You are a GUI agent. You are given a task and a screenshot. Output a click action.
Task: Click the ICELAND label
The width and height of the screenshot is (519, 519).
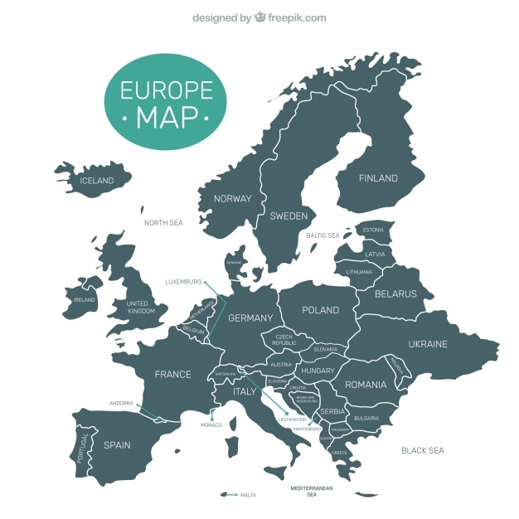tap(96, 181)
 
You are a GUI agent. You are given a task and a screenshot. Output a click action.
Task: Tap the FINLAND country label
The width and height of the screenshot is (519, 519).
tap(378, 178)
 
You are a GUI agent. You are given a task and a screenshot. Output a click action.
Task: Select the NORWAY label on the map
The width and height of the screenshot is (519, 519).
tap(232, 199)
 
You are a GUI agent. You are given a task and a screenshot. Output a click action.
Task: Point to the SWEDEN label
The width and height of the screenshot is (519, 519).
tap(289, 216)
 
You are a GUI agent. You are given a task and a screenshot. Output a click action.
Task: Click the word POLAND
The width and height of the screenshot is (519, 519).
tap(320, 310)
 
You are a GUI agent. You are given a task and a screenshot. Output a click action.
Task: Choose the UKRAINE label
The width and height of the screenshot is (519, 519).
tap(428, 344)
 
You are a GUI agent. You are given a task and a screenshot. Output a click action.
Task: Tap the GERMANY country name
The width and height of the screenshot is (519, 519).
tap(250, 318)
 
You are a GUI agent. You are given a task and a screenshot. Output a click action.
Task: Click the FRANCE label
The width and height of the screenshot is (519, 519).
tap(172, 375)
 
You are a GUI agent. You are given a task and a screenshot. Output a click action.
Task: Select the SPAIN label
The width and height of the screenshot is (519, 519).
tap(117, 445)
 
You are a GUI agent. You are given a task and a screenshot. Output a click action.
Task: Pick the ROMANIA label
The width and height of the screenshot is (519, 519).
tap(366, 385)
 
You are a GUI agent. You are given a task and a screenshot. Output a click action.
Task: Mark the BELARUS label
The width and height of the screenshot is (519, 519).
tap(395, 293)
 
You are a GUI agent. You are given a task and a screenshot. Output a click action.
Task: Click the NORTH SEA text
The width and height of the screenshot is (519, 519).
tap(163, 223)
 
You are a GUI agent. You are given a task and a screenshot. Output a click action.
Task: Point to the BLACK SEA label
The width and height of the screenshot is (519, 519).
tap(423, 450)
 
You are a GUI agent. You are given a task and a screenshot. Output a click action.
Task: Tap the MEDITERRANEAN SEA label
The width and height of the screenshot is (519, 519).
tap(312, 491)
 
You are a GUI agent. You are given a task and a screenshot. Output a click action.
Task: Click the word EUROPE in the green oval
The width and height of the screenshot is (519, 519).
tap(165, 90)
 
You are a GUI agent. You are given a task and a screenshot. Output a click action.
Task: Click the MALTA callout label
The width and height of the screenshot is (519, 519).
tap(248, 495)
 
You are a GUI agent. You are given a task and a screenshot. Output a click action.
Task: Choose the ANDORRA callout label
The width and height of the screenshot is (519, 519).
tap(121, 404)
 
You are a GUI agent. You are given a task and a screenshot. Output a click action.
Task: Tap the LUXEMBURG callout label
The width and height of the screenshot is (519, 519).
tap(183, 281)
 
